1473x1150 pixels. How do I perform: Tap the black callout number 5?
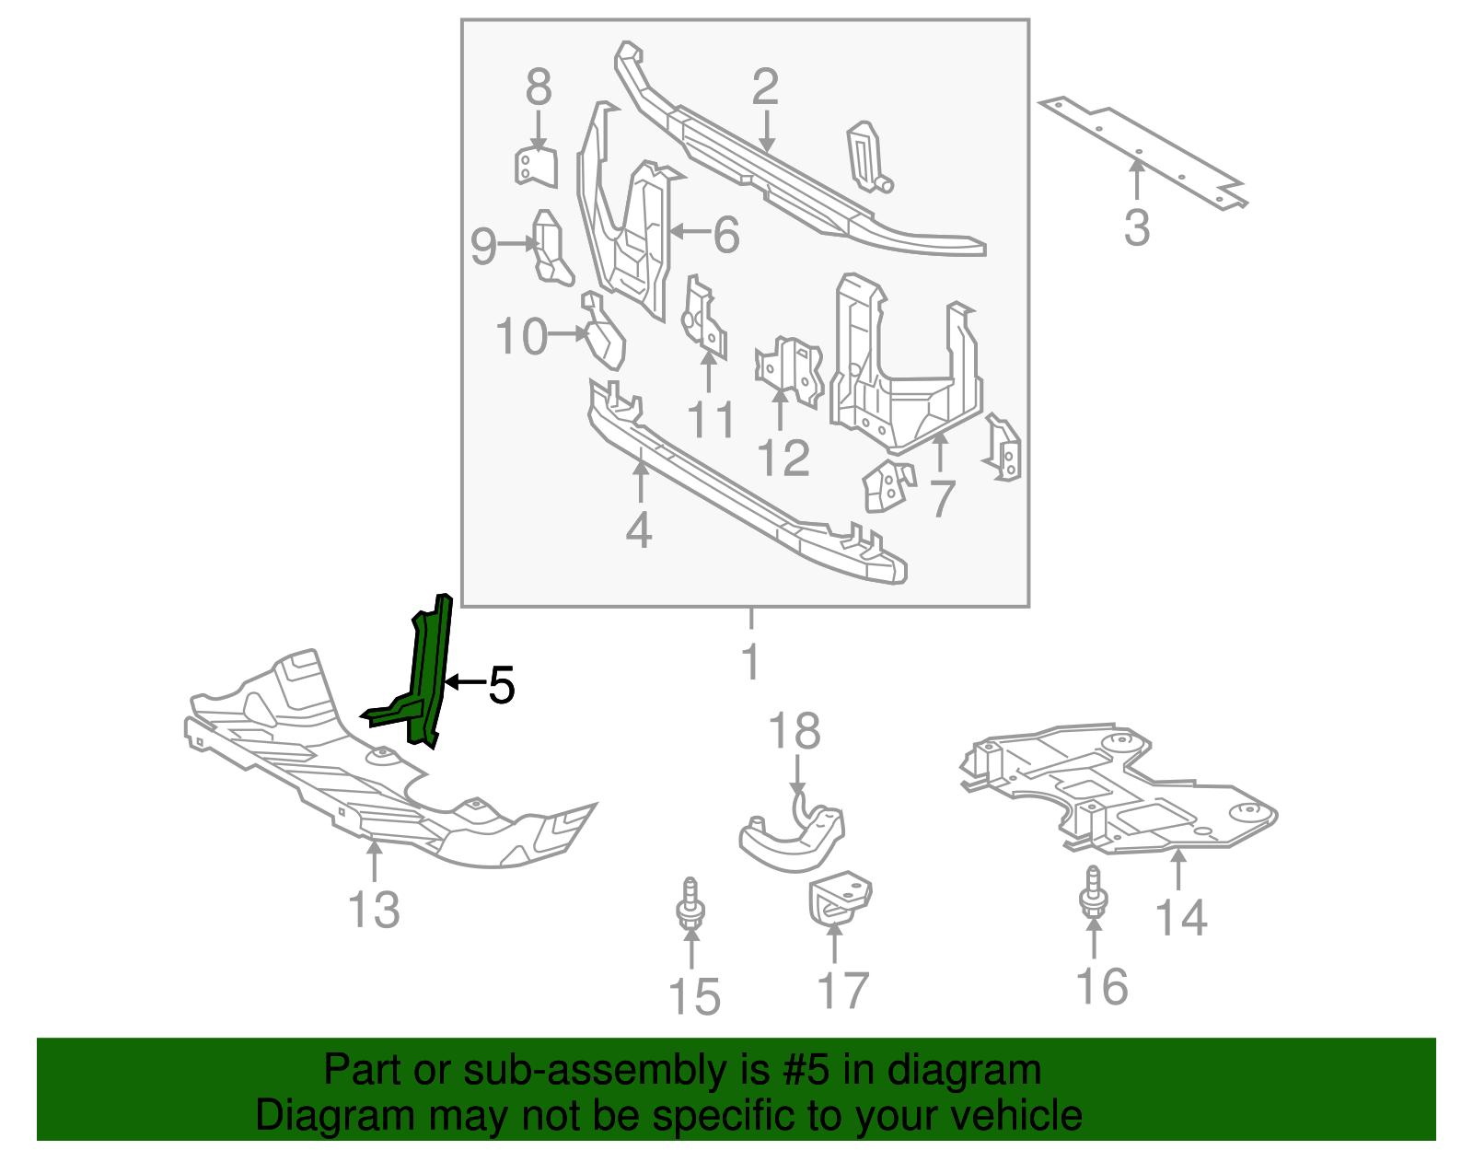tap(501, 684)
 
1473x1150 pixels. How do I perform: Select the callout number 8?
tap(539, 88)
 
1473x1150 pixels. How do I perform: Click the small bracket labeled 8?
tap(536, 167)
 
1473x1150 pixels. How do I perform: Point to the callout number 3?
tap(1137, 227)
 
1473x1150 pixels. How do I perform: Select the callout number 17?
tap(842, 991)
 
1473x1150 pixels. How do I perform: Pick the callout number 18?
tap(794, 732)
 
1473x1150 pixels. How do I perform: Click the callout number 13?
tap(374, 910)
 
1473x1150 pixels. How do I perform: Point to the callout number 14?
tap(1180, 917)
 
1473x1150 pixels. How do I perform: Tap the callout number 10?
tap(521, 337)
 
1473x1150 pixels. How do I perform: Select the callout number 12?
tap(783, 458)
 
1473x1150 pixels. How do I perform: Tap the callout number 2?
tap(765, 87)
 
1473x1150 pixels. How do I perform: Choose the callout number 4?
tap(639, 530)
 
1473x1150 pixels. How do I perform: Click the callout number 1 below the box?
tap(750, 662)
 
